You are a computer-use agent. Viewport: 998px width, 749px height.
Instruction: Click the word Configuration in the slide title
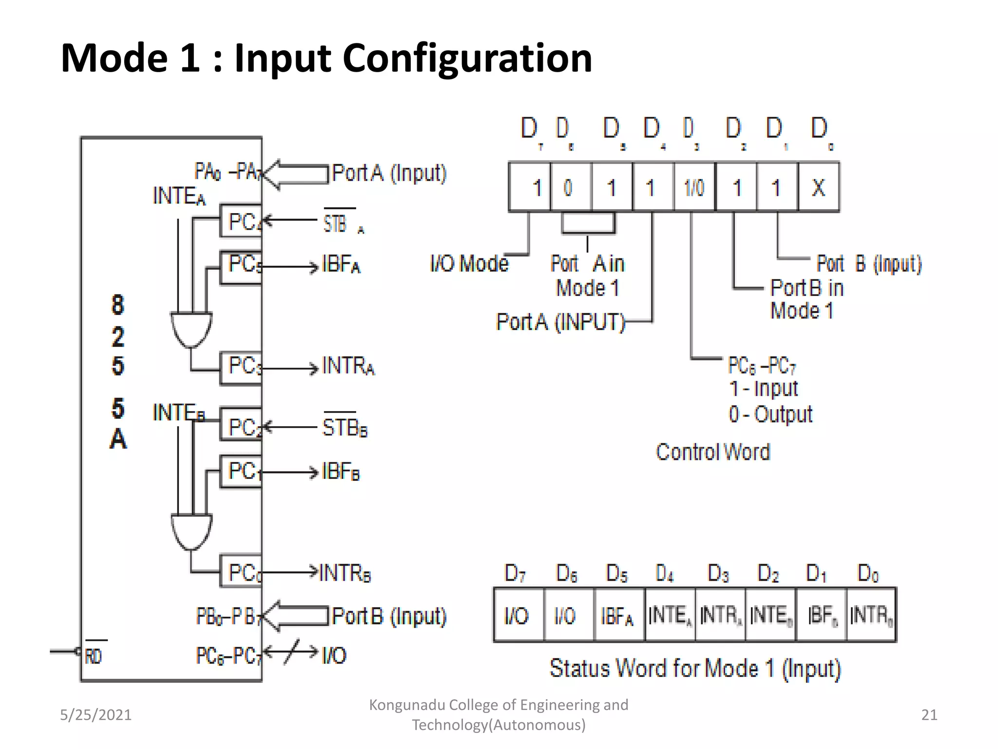pos(467,59)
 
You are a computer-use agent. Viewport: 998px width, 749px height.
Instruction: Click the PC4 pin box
pos(241,221)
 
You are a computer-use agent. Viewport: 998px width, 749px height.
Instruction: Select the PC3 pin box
pos(241,367)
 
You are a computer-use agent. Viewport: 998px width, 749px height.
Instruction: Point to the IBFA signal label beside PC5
pos(341,265)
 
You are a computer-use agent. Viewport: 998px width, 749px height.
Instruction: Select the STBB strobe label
pos(345,428)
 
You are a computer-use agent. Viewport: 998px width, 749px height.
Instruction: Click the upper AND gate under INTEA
pos(191,329)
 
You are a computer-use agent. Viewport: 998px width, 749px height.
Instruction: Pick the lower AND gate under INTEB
pos(191,532)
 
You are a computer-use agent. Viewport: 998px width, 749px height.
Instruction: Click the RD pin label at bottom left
pos(94,656)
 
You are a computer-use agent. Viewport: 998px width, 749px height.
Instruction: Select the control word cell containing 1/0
pos(694,188)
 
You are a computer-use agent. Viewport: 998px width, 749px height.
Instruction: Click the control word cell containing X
pos(819,188)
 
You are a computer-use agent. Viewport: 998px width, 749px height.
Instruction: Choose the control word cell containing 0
pos(570,188)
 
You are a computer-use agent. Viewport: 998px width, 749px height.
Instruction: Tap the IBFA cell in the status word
pos(618,616)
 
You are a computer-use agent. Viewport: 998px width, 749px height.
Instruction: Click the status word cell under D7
pos(518,616)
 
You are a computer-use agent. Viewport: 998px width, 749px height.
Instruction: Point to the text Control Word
pos(713,452)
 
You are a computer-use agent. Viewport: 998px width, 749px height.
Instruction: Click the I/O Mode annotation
pos(469,264)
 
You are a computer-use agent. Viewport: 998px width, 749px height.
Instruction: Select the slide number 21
pos(929,715)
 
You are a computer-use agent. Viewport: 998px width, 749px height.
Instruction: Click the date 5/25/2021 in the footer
pos(96,715)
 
